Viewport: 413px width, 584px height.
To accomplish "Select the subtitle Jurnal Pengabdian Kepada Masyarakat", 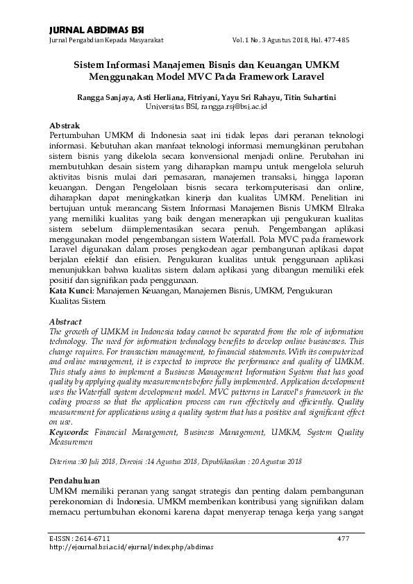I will point(101,40).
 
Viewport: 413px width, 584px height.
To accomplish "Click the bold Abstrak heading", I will point(66,125).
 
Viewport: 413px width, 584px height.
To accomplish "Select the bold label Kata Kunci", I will point(71,292).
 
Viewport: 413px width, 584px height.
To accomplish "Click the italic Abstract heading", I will point(65,323).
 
